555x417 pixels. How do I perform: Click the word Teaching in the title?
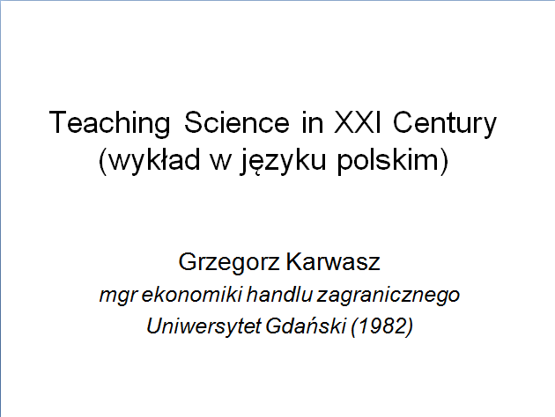click(x=110, y=123)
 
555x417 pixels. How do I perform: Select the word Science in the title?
click(x=236, y=122)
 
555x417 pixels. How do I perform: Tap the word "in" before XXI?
click(x=313, y=122)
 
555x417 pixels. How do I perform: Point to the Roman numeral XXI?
click(x=358, y=122)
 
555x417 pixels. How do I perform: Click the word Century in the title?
click(x=445, y=123)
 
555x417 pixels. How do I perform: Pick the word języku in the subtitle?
click(x=283, y=161)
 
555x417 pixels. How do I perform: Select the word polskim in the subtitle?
click(x=388, y=161)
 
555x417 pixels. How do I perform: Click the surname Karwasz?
click(x=333, y=261)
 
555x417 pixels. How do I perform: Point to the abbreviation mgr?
click(x=118, y=296)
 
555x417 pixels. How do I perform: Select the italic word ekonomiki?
click(x=191, y=295)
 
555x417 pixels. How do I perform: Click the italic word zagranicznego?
click(x=388, y=296)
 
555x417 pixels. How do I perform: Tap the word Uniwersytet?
click(x=203, y=326)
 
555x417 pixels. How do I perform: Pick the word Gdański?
click(x=305, y=326)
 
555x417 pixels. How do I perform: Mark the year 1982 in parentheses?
click(x=382, y=326)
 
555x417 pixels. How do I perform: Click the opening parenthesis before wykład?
click(x=103, y=161)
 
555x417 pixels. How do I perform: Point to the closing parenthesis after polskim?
click(x=444, y=161)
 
